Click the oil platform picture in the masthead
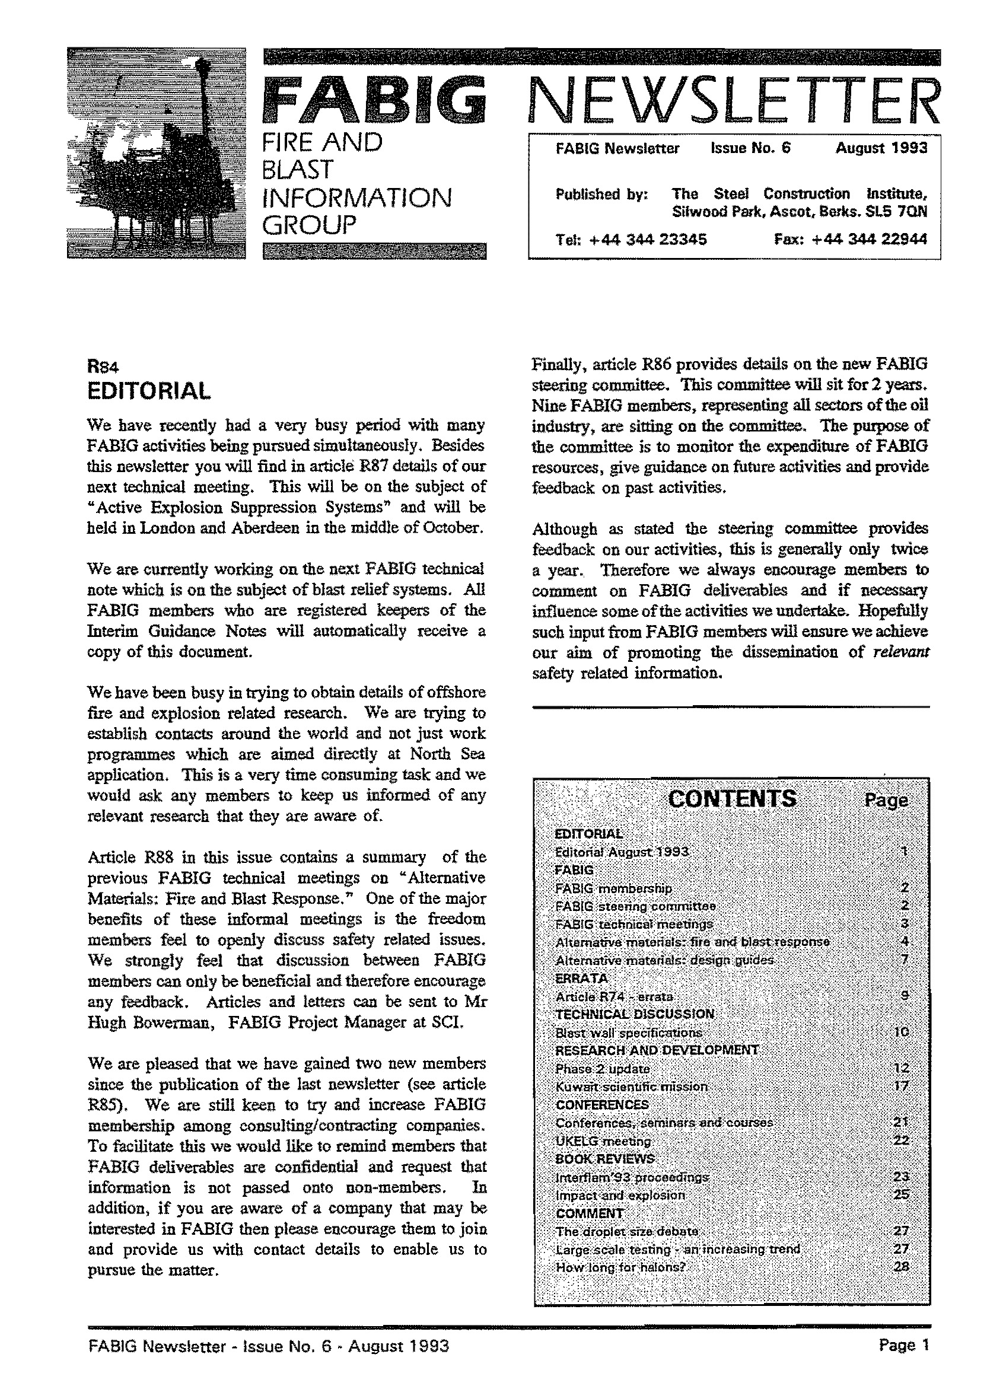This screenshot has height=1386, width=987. coord(156,153)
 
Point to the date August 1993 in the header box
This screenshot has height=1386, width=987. coord(881,148)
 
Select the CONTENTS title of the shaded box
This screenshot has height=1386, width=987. coord(732,798)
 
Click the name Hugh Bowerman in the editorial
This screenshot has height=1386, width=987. coord(149,1022)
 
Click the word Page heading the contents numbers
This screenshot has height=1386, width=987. coord(886,801)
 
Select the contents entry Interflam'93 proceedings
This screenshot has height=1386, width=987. coord(632,1177)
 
